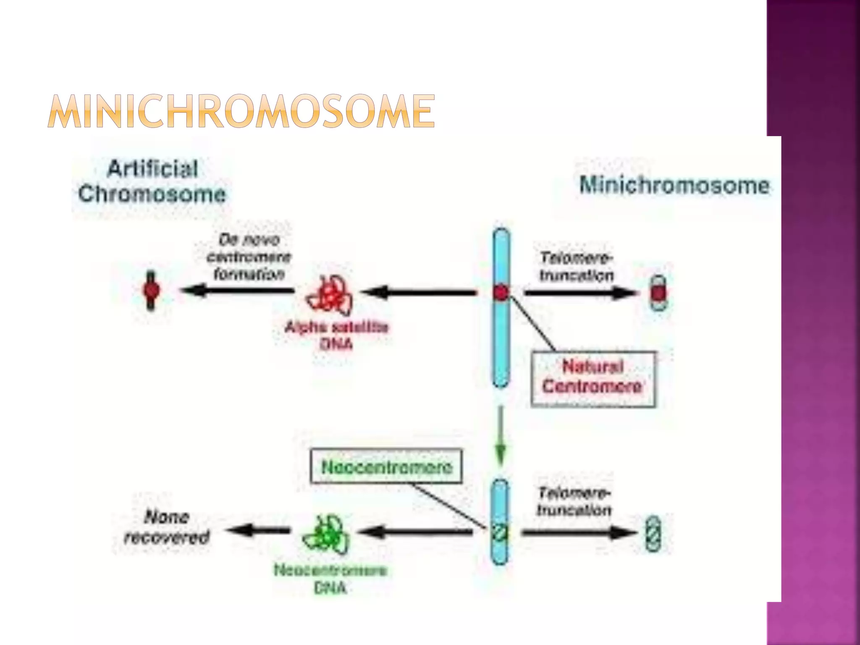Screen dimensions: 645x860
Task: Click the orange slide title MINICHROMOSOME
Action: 241,111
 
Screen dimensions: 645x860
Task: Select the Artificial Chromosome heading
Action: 152,181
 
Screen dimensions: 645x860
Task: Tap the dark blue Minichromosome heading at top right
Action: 674,186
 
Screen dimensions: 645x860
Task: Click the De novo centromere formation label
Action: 249,257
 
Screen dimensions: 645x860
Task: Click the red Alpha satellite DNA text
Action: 336,336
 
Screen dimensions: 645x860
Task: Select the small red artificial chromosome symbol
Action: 151,290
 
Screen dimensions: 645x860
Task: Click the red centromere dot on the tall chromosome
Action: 501,293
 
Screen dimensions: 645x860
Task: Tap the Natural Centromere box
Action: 593,377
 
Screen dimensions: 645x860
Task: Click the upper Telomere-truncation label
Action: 577,267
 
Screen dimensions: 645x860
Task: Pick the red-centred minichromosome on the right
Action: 658,293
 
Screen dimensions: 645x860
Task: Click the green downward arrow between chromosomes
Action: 500,437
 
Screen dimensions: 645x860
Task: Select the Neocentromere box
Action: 386,467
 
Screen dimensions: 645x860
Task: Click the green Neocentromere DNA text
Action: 330,579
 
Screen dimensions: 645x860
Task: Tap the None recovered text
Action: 167,527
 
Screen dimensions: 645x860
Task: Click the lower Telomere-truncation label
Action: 574,501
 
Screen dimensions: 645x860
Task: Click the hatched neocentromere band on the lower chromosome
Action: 500,533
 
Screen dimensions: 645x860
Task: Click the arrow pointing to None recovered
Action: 258,531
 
